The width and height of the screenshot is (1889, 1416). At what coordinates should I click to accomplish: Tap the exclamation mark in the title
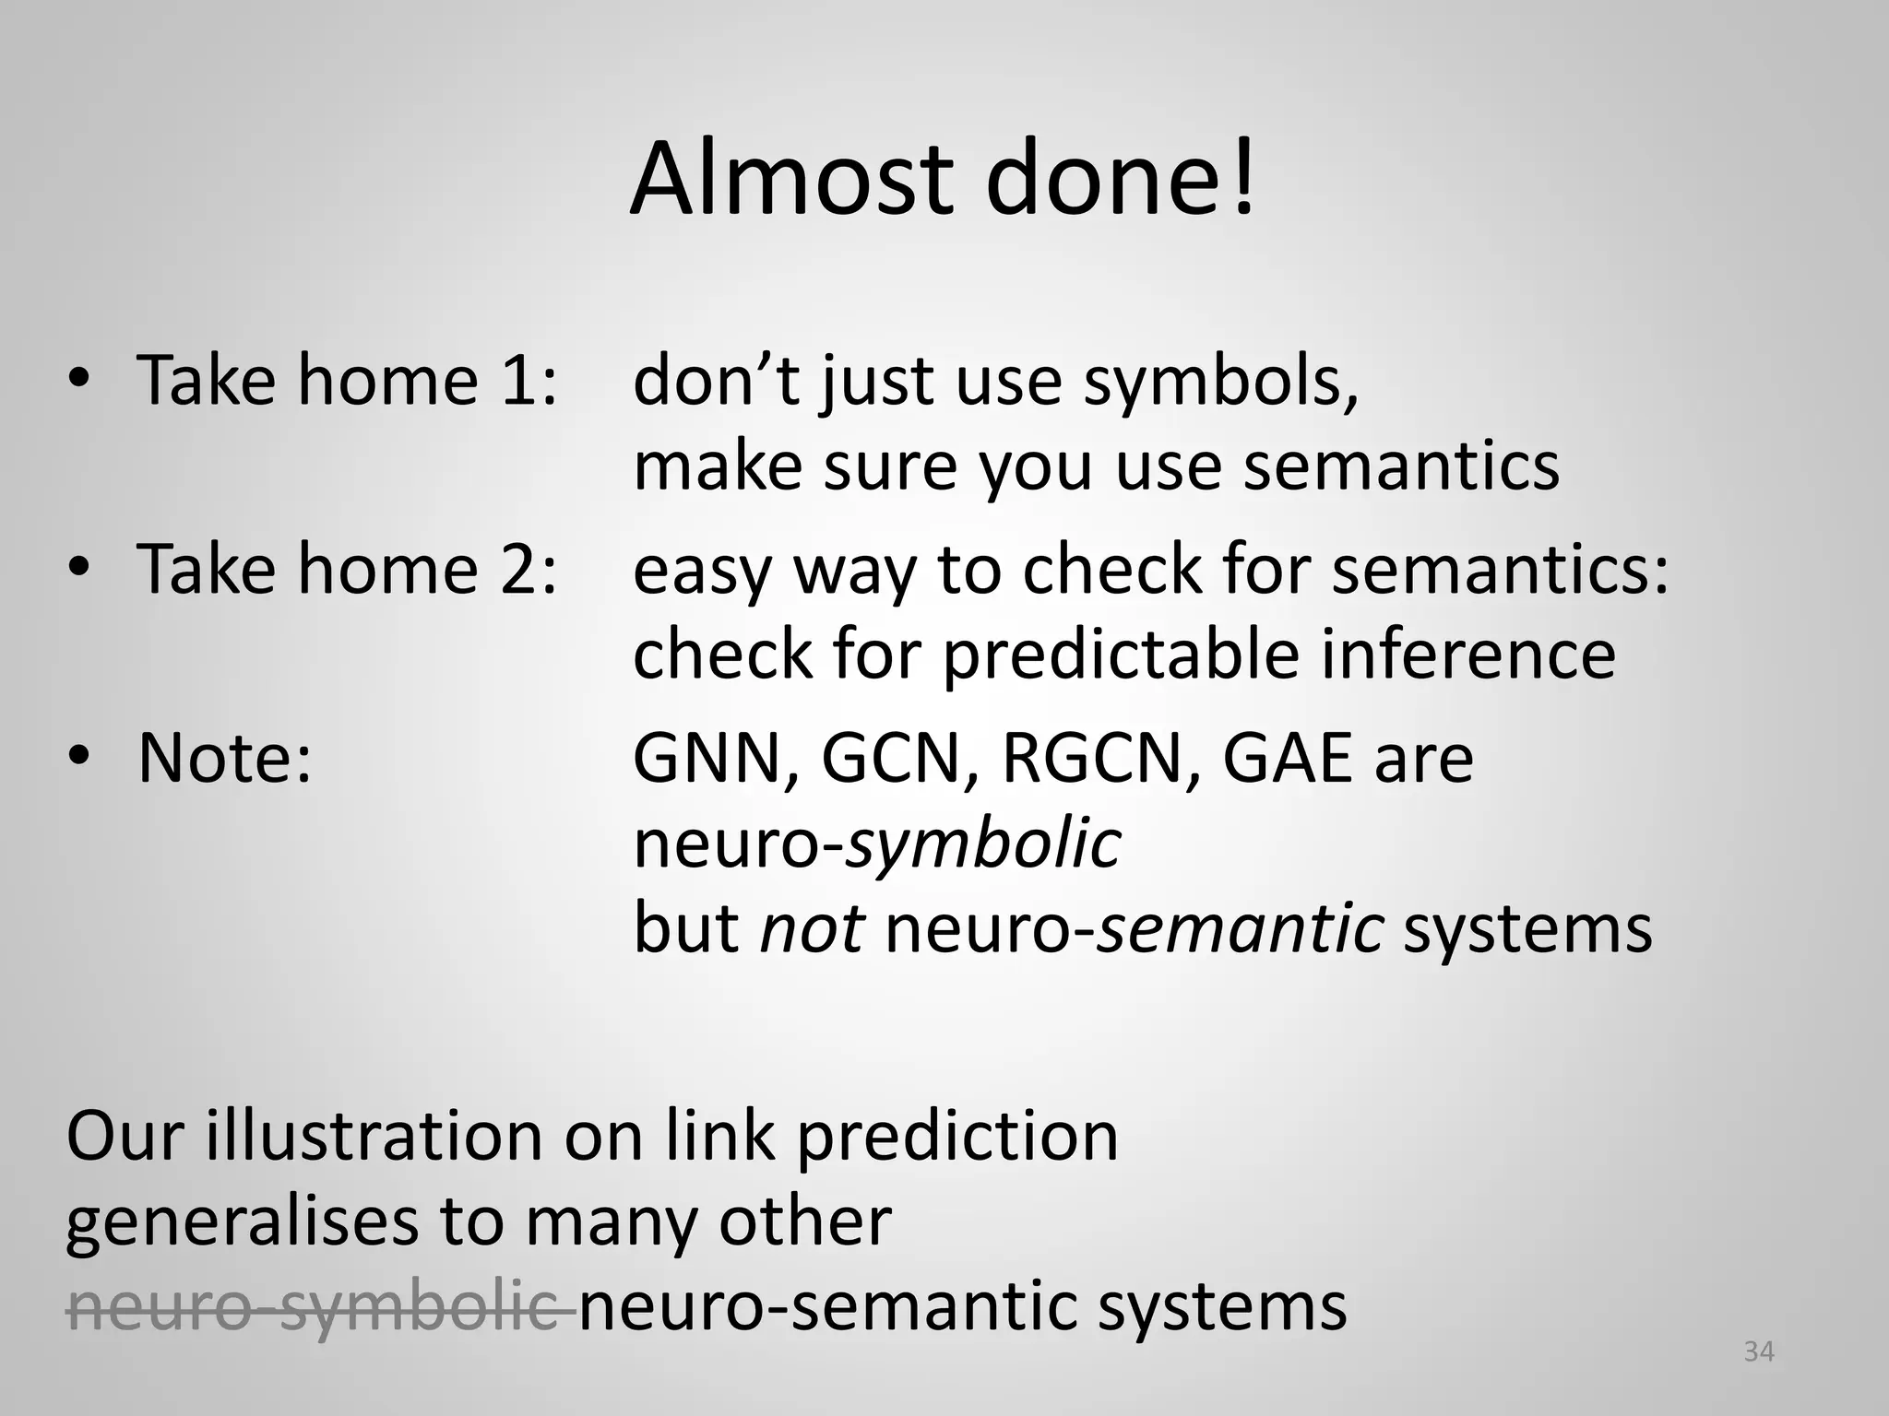tap(1242, 178)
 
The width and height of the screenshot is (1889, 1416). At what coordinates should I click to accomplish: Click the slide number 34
tap(1759, 1351)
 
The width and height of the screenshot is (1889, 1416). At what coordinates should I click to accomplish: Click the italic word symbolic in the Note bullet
tap(984, 844)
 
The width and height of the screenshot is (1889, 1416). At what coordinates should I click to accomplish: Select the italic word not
tap(812, 929)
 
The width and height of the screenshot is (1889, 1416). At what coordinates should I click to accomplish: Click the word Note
tap(225, 758)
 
